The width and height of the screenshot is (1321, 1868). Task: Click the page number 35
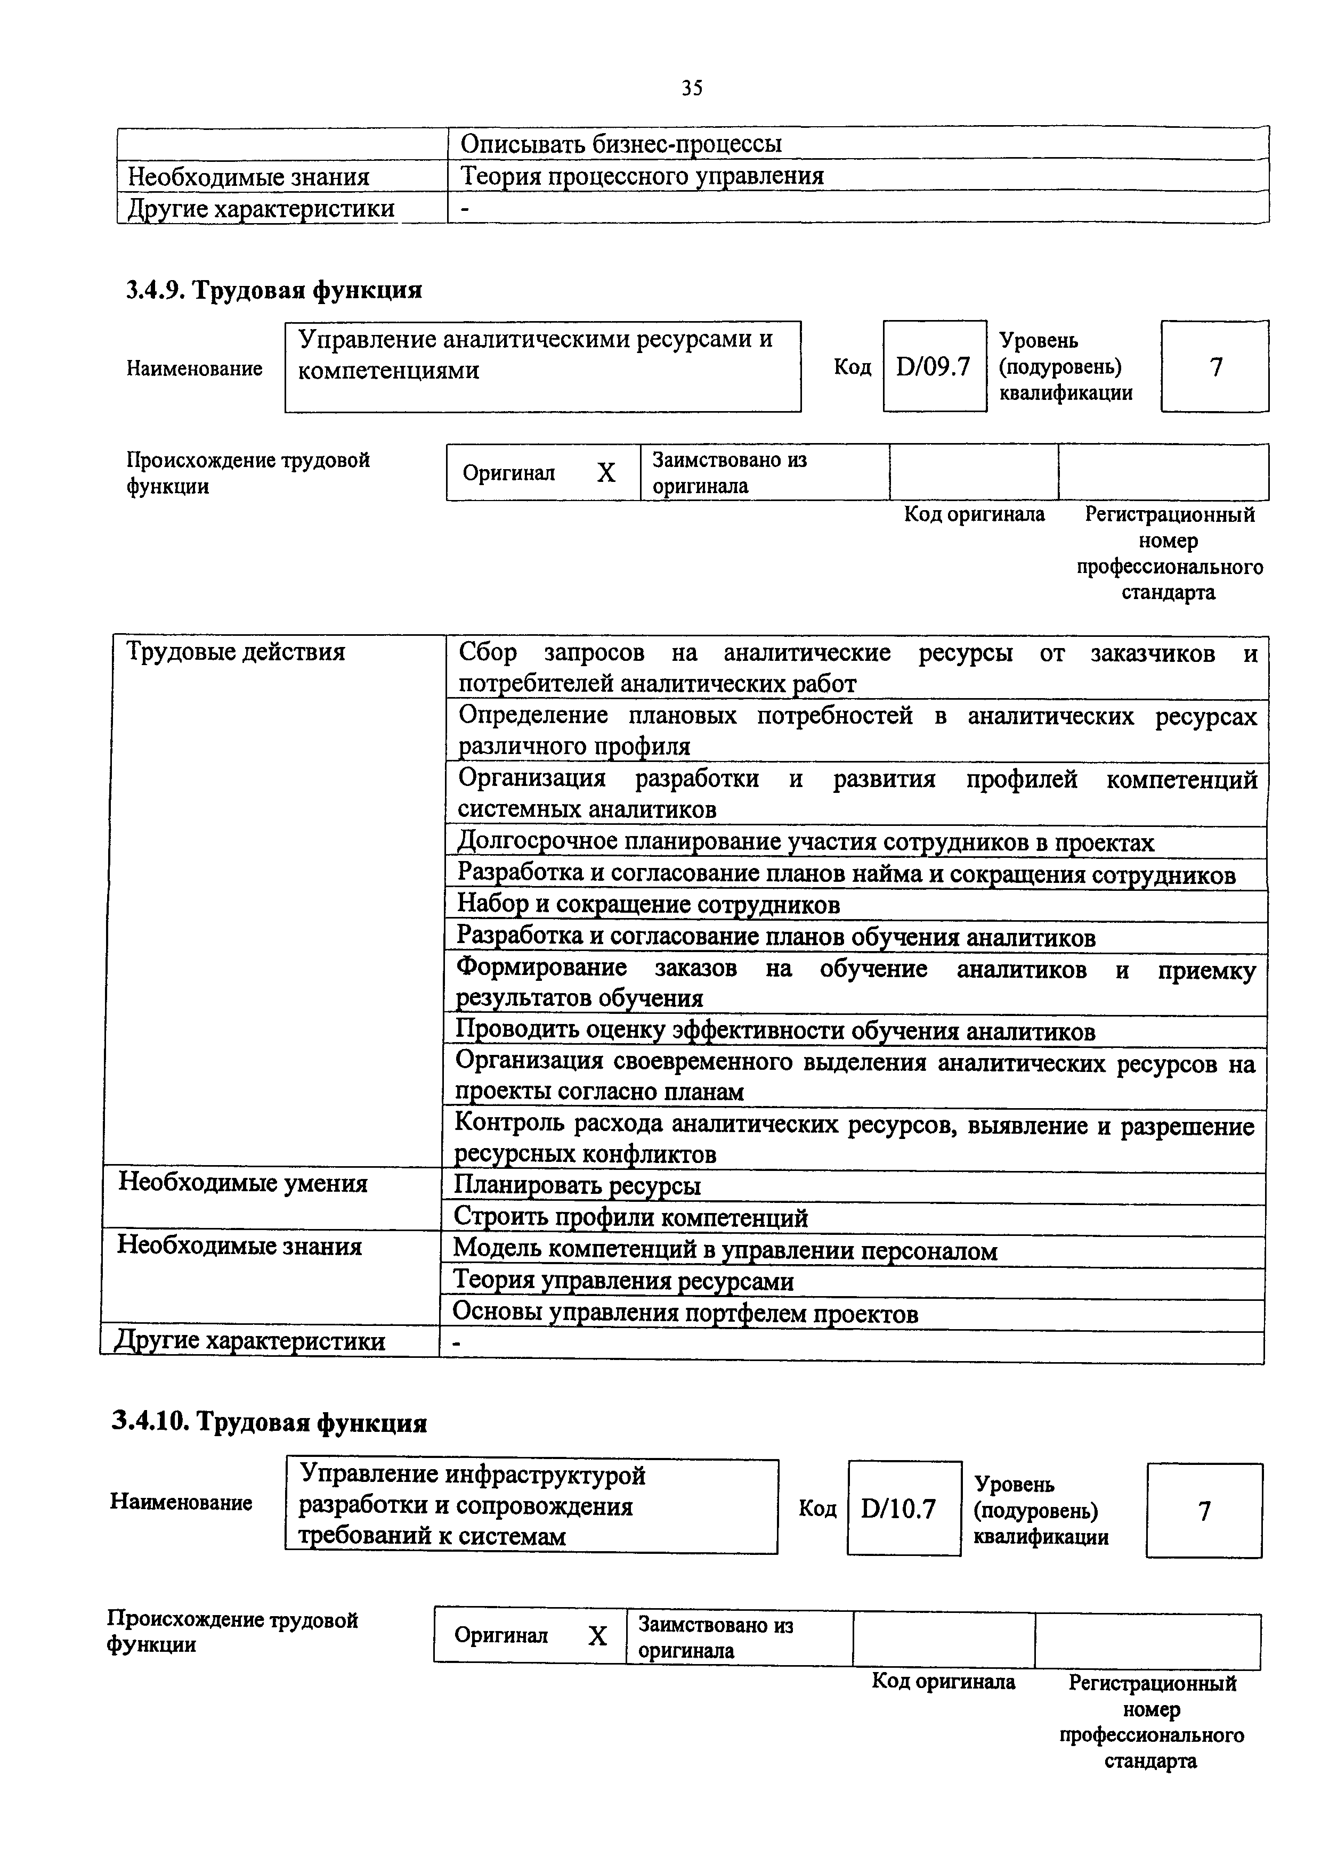tap(692, 88)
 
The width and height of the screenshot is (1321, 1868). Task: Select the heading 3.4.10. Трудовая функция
tap(269, 1422)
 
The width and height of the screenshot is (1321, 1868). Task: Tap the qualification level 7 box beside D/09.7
tap(1215, 367)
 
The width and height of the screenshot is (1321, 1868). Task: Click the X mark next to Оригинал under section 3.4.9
tap(605, 473)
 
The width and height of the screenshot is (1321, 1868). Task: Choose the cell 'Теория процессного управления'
tap(642, 176)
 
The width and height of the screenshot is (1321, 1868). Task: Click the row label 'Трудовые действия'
tap(236, 652)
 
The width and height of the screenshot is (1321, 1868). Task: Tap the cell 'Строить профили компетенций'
tap(630, 1217)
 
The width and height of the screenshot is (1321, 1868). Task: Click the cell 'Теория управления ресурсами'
tap(622, 1281)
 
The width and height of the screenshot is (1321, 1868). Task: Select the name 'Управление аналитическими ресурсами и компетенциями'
tap(535, 355)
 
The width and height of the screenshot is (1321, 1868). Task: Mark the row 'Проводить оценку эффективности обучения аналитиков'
tap(775, 1031)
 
